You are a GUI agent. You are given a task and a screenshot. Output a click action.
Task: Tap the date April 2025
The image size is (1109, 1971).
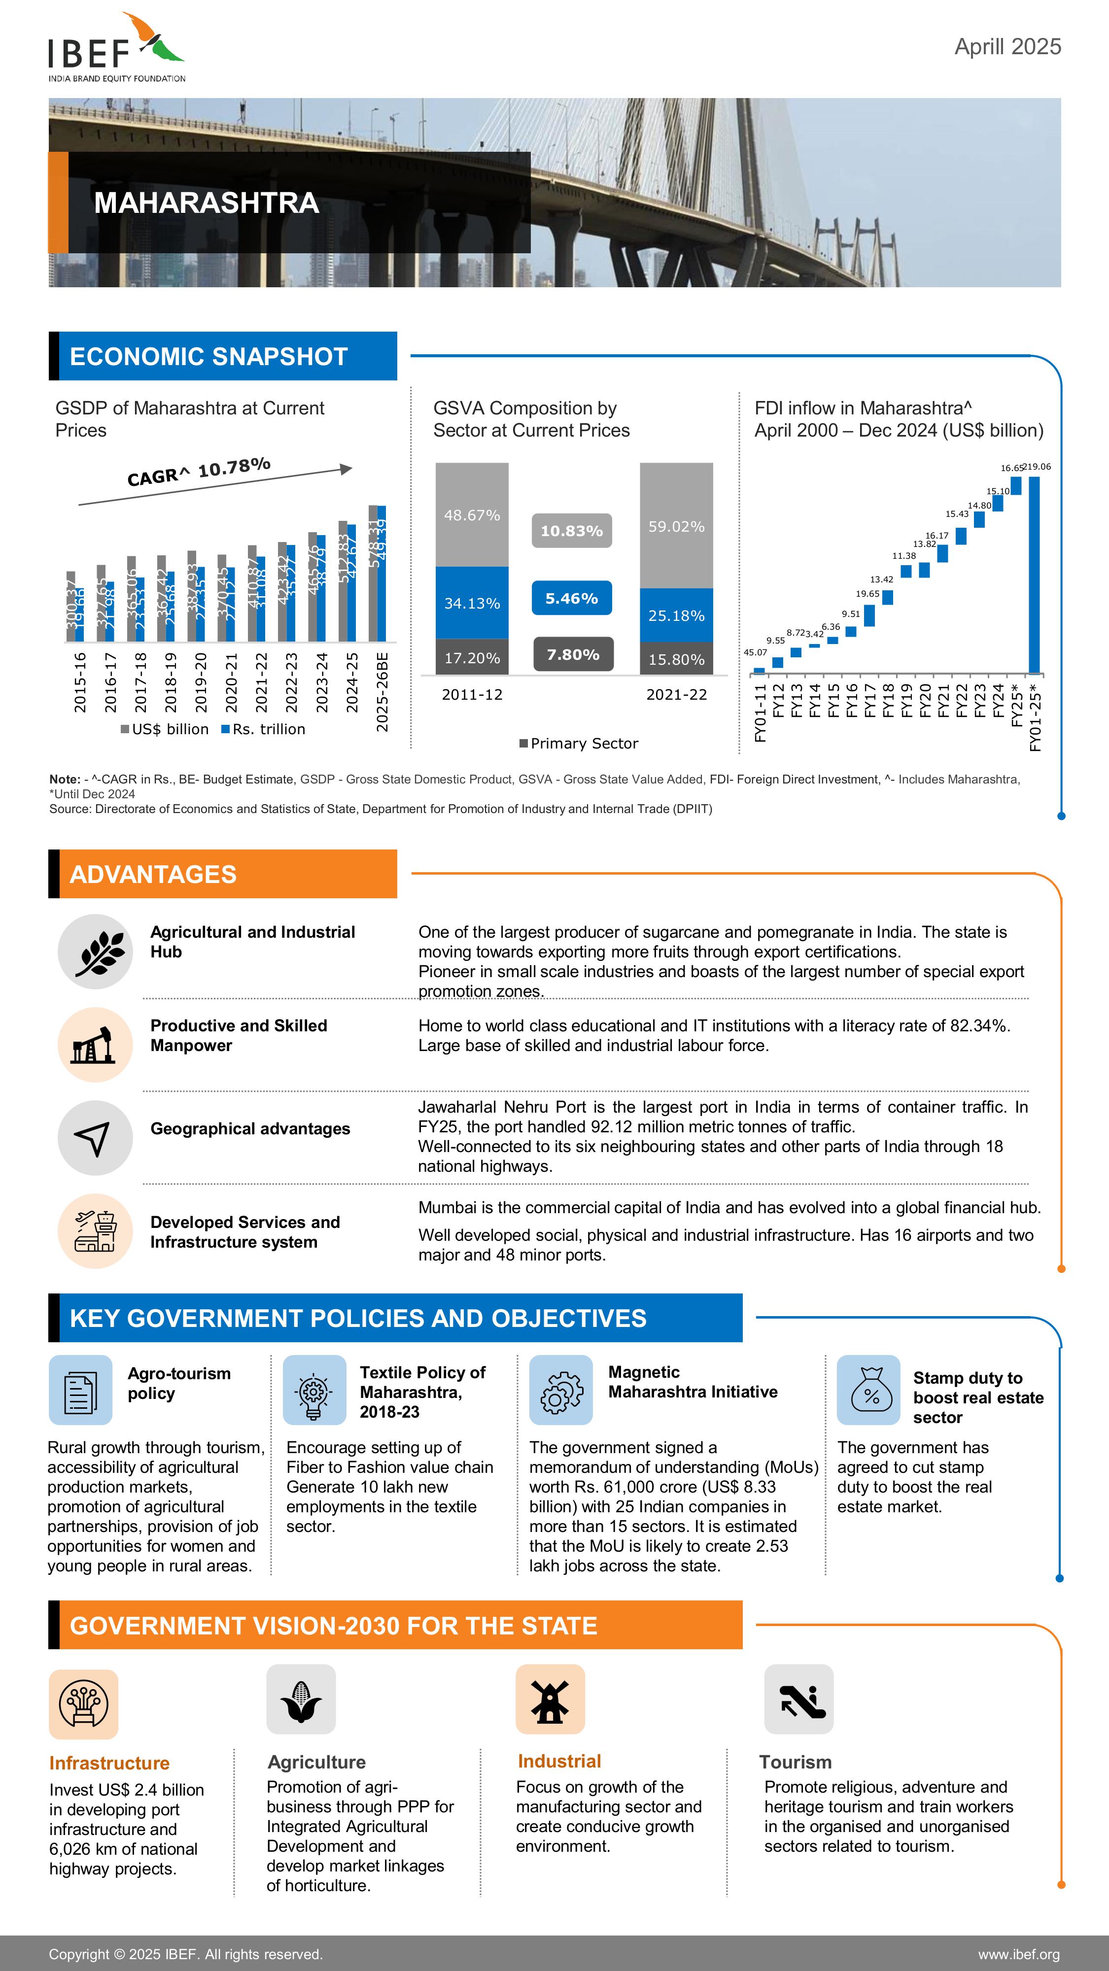point(1007,47)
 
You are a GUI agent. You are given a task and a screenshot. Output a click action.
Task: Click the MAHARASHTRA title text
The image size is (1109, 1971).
point(206,203)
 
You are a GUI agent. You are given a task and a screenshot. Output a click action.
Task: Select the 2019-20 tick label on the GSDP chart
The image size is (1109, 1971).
point(201,682)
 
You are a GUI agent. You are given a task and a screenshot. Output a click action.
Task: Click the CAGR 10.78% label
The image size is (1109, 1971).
point(199,472)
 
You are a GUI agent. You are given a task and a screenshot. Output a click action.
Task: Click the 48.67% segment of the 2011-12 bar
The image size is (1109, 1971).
point(472,515)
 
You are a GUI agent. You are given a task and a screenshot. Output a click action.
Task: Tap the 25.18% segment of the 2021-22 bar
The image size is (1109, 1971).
point(676,615)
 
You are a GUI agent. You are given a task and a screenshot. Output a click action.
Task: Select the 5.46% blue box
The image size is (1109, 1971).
point(572,598)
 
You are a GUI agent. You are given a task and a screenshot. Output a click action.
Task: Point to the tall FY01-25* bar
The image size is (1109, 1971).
point(1034,574)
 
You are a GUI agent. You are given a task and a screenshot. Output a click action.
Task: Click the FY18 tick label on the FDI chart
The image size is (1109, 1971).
point(888,700)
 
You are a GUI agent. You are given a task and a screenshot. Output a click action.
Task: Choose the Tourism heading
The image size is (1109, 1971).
point(795,1762)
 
